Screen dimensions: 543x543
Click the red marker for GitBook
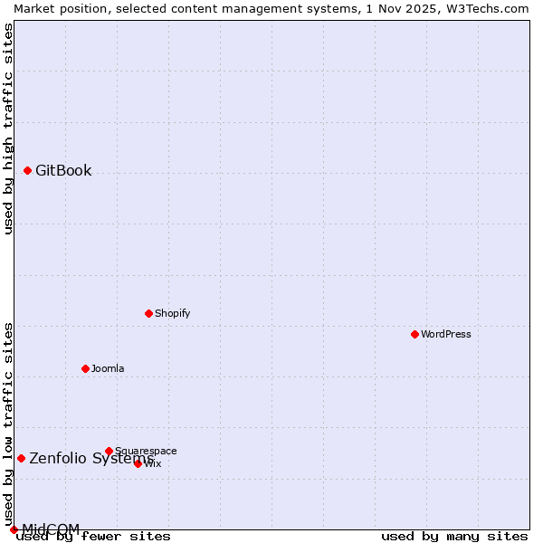(27, 170)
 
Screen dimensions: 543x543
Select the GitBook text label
(63, 171)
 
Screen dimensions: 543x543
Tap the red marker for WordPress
(414, 334)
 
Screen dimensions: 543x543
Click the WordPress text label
(446, 334)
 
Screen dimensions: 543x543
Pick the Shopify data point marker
(148, 313)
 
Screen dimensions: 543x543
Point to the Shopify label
(172, 313)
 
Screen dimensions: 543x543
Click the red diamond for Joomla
(85, 368)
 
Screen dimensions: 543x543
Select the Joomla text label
(108, 368)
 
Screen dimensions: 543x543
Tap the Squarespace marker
(109, 451)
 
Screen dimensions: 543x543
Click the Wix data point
(138, 463)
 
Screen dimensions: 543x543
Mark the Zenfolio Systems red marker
(21, 458)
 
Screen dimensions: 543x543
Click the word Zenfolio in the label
(58, 458)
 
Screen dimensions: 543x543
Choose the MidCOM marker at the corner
(14, 529)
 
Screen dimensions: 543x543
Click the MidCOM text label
(51, 529)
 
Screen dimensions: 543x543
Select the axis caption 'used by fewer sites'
(94, 537)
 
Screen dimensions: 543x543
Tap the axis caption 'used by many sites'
(454, 537)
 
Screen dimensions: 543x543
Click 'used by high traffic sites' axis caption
(8, 129)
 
